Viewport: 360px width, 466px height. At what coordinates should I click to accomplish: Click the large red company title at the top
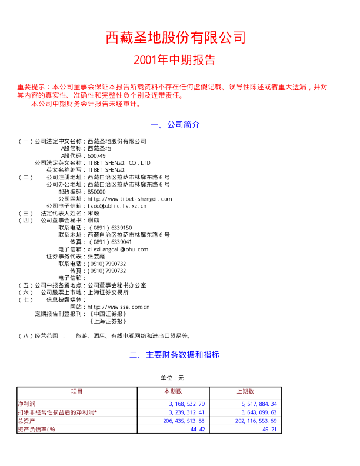point(175,38)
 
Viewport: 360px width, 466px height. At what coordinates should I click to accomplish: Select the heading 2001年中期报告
point(175,60)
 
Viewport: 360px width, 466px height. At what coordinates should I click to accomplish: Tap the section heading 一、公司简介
point(176,125)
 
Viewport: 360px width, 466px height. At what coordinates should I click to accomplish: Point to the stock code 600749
point(96,156)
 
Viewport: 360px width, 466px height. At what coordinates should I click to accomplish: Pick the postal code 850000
point(96,191)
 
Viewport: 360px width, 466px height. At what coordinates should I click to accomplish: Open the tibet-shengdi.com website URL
point(129,199)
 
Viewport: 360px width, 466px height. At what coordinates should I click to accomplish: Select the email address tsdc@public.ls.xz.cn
point(117,206)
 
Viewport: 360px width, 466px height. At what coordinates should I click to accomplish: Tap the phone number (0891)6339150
point(110,227)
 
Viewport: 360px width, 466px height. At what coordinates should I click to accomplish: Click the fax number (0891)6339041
point(110,241)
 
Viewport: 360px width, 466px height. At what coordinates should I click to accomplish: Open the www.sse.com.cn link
point(118,307)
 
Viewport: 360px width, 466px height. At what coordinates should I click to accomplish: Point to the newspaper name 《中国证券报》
point(108,314)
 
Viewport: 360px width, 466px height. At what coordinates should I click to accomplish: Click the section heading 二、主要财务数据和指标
point(175,355)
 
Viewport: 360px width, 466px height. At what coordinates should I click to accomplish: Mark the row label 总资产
point(26,421)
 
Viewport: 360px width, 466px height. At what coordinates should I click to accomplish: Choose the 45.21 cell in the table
point(269,430)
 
